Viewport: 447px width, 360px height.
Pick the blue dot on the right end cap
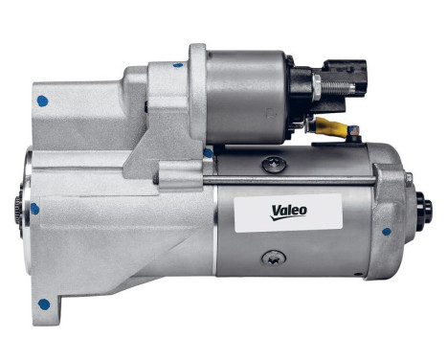click(x=387, y=231)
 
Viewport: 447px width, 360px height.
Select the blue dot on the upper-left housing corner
click(x=41, y=100)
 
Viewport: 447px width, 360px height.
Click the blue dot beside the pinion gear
click(x=35, y=207)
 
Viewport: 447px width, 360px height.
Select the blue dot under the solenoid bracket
click(x=208, y=151)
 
